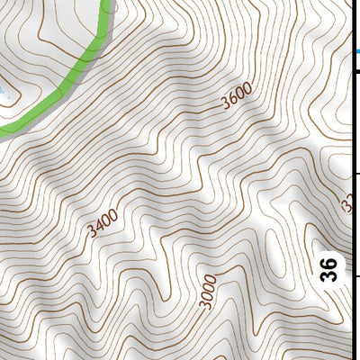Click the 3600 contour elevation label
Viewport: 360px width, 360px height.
tap(236, 95)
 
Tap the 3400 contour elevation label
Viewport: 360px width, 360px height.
tap(103, 223)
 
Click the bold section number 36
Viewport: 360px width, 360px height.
tap(329, 267)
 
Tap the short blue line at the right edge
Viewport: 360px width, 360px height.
tap(355, 52)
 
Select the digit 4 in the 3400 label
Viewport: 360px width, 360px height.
tap(99, 227)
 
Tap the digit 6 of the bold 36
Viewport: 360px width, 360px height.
tap(329, 260)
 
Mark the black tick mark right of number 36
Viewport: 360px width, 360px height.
tap(355, 275)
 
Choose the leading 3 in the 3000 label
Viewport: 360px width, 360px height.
tap(207, 305)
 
